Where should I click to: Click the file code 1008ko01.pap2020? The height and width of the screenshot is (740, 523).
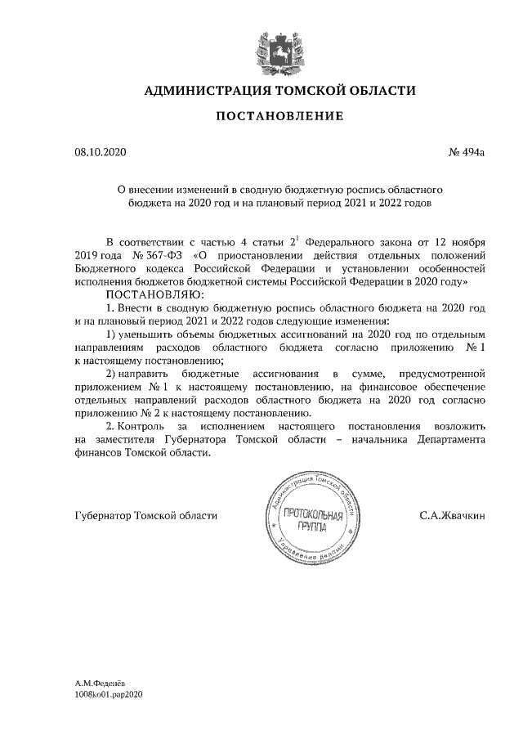109,693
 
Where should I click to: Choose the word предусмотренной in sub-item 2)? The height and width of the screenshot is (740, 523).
446,374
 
